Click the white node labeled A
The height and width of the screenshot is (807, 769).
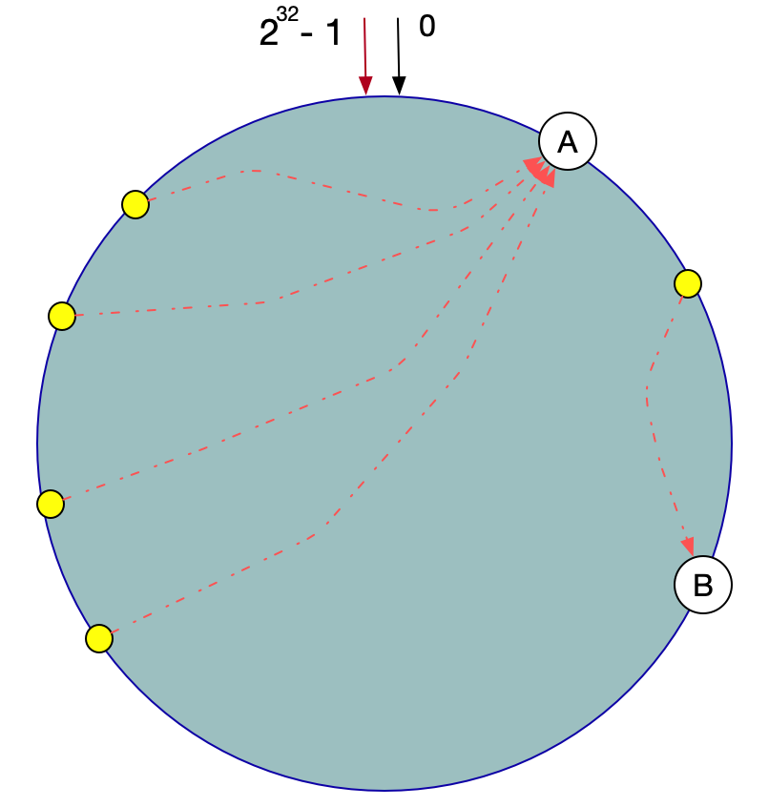tap(568, 142)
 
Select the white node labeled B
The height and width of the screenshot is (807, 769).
tap(703, 585)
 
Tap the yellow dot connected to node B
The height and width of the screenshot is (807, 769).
tap(688, 283)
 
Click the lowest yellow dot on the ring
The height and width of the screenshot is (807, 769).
tap(99, 638)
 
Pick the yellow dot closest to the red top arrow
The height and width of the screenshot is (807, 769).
tap(135, 204)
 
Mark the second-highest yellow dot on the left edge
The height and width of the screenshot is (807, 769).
tap(62, 316)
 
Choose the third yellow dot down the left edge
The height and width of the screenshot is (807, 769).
tap(51, 504)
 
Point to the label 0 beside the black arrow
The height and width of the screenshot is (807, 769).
tap(427, 27)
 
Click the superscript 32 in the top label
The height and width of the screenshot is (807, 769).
tap(287, 14)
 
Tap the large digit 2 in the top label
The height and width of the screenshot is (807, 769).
tap(268, 34)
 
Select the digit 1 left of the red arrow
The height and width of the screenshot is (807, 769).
tap(332, 34)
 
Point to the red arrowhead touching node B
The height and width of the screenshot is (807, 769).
tap(688, 547)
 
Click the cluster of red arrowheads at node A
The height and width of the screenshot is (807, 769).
tap(541, 172)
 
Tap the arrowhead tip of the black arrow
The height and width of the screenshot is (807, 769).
tap(400, 88)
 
